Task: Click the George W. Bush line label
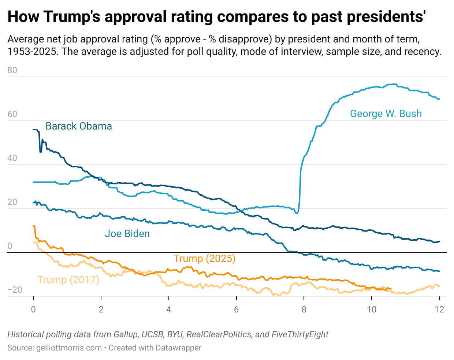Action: [x=386, y=113]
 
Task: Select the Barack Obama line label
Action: [x=79, y=126]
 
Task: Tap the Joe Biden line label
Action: [x=127, y=233]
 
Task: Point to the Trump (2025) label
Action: [x=204, y=258]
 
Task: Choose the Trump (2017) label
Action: [x=68, y=280]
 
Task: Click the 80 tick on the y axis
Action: [x=12, y=70]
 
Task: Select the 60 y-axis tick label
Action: [x=12, y=114]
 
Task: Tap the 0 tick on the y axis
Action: [x=10, y=246]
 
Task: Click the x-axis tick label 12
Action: [x=439, y=310]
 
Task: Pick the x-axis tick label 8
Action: [x=304, y=310]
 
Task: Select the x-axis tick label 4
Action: [x=168, y=310]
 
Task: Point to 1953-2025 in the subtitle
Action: [x=32, y=52]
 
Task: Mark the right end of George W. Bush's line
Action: [x=439, y=99]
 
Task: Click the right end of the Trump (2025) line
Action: [x=391, y=289]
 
